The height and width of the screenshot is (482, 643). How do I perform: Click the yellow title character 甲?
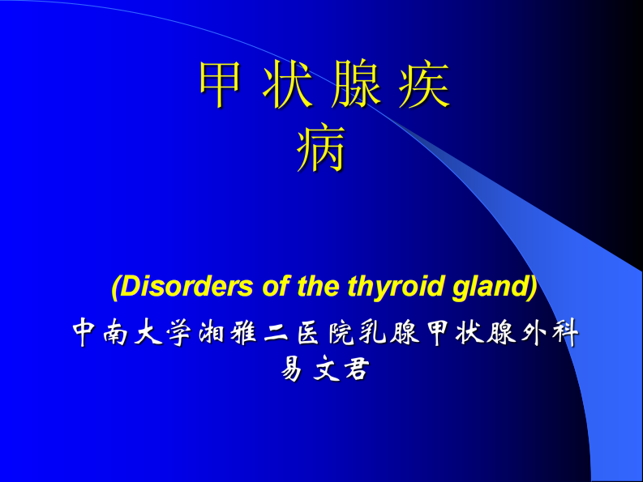221,85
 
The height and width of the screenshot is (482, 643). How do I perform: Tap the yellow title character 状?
287,85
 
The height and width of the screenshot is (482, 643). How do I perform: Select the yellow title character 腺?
355,85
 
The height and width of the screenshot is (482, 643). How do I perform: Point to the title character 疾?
422,85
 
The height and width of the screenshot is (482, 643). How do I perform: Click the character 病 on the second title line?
322,149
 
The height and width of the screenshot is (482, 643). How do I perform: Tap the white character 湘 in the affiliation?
214,333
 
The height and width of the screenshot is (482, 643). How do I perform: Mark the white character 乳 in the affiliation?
374,333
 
